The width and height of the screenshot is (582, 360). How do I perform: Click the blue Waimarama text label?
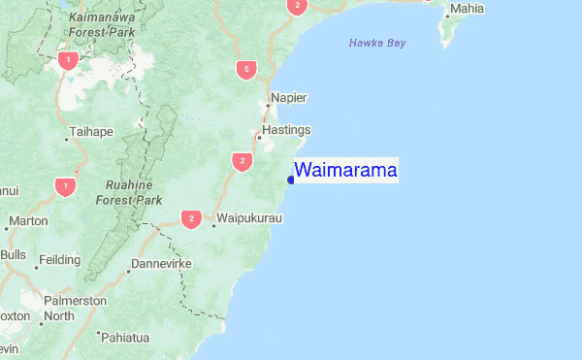click(345, 171)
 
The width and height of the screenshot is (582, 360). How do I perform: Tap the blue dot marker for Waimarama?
click(291, 180)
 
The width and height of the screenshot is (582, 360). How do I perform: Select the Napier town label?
click(288, 98)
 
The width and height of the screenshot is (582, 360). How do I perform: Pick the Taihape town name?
click(91, 131)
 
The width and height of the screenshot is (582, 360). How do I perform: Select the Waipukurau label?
click(249, 218)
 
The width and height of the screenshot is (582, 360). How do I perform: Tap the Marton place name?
click(27, 221)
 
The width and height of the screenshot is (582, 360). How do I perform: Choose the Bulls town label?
click(14, 254)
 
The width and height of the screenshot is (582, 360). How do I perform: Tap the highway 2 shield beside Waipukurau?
click(191, 218)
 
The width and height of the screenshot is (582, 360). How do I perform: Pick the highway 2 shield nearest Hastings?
click(242, 160)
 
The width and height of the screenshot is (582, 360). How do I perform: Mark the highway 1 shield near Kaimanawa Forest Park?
click(67, 60)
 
